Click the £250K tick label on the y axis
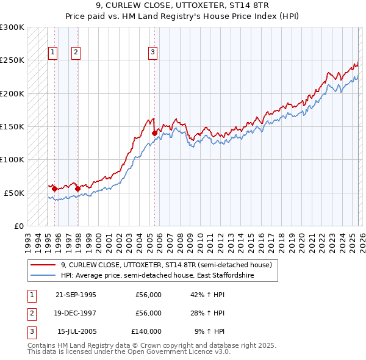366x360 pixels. pyautogui.click(x=12, y=60)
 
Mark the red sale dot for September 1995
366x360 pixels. pyautogui.click(x=55, y=189)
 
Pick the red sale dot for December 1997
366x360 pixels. pyautogui.click(x=77, y=189)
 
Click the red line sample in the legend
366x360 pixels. pyautogui.click(x=43, y=265)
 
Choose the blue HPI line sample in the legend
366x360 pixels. pyautogui.click(x=43, y=275)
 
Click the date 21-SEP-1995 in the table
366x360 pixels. pyautogui.click(x=76, y=295)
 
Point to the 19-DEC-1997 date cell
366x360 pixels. pyautogui.click(x=76, y=313)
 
